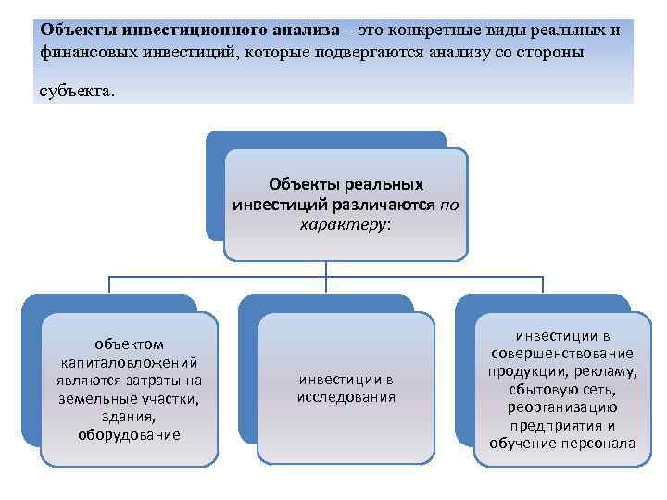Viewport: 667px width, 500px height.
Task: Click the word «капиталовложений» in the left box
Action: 129,362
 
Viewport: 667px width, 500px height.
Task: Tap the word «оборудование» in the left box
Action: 129,434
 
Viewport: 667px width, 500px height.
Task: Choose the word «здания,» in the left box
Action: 129,417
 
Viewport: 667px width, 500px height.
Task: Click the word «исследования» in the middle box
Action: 346,397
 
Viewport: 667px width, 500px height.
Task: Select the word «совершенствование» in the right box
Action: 562,354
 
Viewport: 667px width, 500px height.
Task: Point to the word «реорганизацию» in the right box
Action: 562,407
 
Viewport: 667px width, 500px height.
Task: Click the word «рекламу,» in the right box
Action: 603,371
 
